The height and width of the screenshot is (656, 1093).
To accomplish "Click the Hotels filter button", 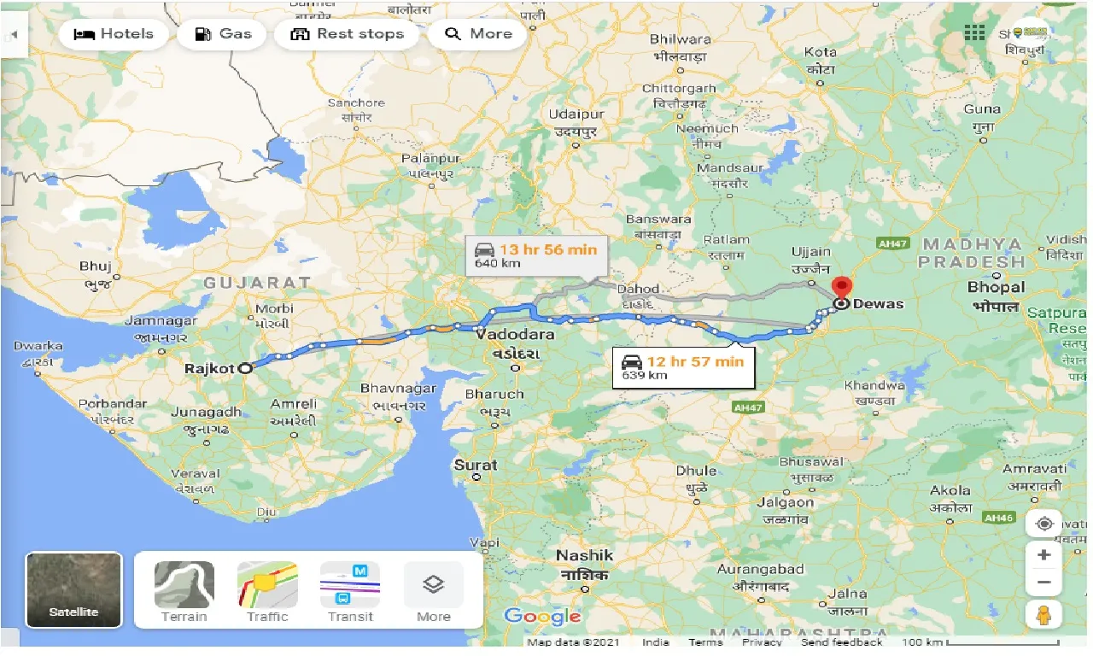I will pyautogui.click(x=114, y=34).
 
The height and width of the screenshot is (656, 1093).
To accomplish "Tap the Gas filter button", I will pyautogui.click(x=224, y=34).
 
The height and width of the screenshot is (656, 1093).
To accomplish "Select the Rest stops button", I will pyautogui.click(x=347, y=34).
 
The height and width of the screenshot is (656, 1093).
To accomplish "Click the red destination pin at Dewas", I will pyautogui.click(x=842, y=289).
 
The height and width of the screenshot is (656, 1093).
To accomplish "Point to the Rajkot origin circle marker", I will pyautogui.click(x=245, y=369).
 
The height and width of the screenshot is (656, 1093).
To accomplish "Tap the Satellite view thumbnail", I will pyautogui.click(x=74, y=590).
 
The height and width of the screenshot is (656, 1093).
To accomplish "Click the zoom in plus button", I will pyautogui.click(x=1043, y=555).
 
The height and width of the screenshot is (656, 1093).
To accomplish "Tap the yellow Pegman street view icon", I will pyautogui.click(x=1043, y=614).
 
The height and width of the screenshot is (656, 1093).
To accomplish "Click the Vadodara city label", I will pyautogui.click(x=516, y=334).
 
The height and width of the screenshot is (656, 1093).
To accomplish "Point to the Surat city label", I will pyautogui.click(x=475, y=465).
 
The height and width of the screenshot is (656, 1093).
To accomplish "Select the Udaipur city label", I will pyautogui.click(x=576, y=114).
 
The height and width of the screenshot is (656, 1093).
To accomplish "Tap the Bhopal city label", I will pyautogui.click(x=996, y=288).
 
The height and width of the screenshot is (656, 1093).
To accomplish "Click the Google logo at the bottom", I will pyautogui.click(x=542, y=616).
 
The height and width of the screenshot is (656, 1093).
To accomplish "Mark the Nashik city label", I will pyautogui.click(x=585, y=555).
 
